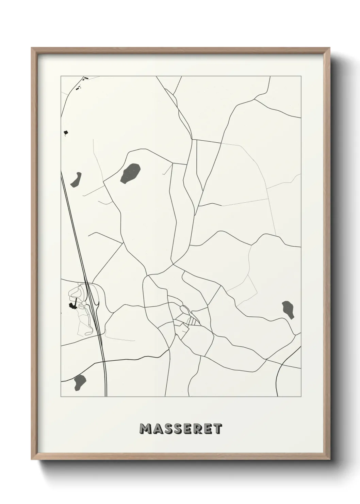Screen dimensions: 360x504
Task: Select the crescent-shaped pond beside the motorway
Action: point(76,179)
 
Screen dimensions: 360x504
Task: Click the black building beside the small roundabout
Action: point(72,305)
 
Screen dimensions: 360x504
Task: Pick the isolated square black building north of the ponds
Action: point(66,132)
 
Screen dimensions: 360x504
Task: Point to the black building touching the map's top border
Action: point(86,78)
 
